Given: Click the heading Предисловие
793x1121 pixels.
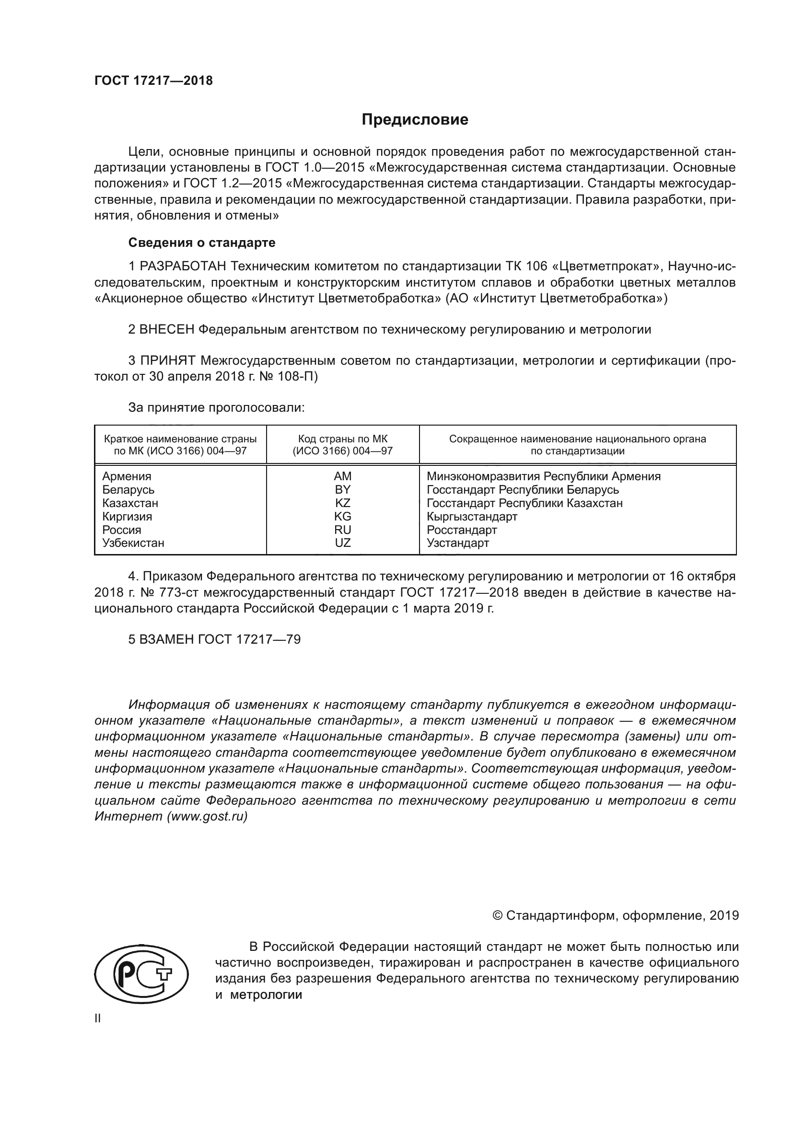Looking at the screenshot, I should (x=415, y=120).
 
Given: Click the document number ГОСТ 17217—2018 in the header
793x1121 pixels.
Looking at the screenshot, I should (x=153, y=81).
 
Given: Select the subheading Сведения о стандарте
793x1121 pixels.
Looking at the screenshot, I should (x=202, y=243).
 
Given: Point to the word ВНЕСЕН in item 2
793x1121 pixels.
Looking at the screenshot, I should (x=166, y=330).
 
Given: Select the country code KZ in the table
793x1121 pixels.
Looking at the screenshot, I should (x=342, y=503).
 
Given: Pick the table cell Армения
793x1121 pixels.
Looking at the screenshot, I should (x=127, y=476).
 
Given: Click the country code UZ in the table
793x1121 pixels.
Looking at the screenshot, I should (x=342, y=543).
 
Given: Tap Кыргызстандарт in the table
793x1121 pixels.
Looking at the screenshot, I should (x=472, y=517).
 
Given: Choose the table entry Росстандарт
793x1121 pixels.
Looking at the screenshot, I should (x=461, y=530).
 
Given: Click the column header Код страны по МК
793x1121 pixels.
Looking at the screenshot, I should (x=342, y=439).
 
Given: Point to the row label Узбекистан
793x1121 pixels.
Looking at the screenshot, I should (x=133, y=543).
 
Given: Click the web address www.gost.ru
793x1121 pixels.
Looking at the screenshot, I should (x=207, y=816).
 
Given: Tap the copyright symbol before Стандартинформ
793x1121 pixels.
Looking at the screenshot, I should (x=498, y=915).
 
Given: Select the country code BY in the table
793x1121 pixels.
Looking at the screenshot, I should (x=342, y=490).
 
